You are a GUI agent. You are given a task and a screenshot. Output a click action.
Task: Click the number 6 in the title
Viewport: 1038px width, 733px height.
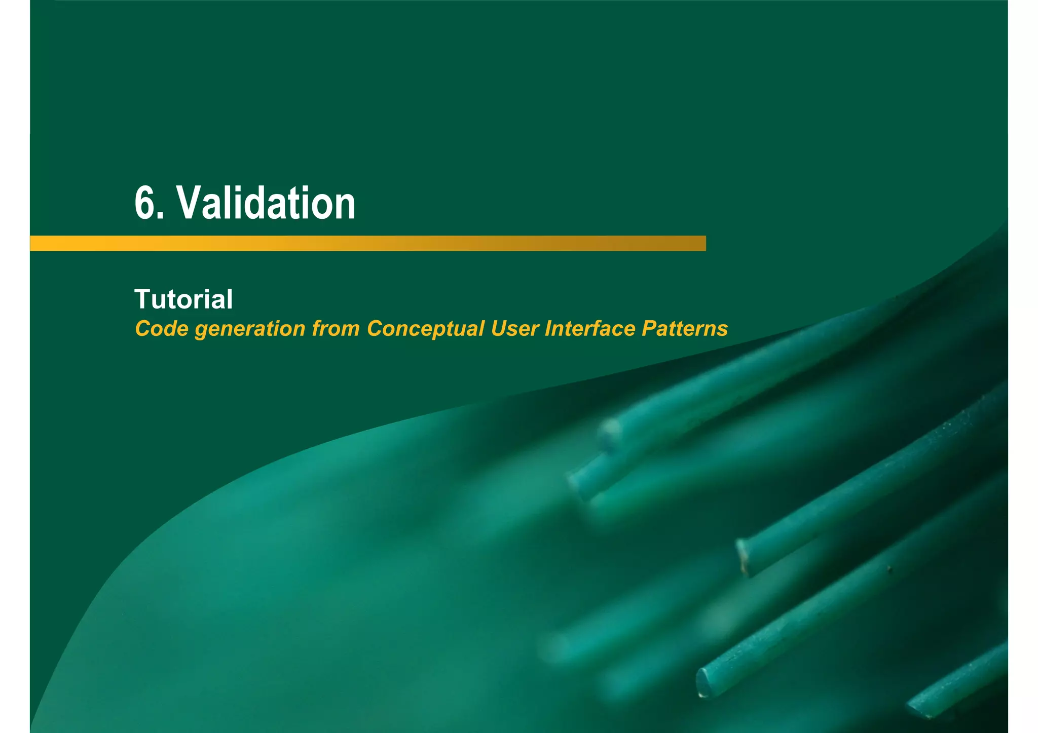coord(145,203)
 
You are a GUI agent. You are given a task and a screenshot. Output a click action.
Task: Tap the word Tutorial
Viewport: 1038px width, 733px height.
coord(183,299)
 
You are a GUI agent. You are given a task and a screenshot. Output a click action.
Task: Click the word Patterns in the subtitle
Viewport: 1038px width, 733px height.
coord(685,329)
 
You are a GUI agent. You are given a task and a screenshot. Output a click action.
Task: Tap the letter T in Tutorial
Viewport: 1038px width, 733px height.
coord(143,299)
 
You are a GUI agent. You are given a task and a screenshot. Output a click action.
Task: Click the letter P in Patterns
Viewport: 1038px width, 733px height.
coord(650,329)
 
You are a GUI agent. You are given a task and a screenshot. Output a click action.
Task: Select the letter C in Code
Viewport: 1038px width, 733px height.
coord(144,329)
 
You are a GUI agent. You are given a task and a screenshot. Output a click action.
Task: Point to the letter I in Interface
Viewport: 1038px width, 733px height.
coord(548,329)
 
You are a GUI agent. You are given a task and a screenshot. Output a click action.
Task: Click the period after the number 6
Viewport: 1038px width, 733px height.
coord(161,217)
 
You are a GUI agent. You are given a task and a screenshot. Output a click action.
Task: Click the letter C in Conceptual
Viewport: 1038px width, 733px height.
coord(376,329)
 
